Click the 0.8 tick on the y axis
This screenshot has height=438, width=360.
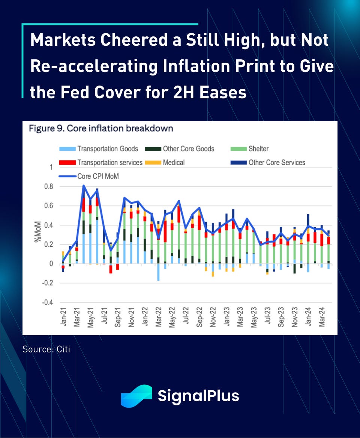pyautogui.click(x=49, y=187)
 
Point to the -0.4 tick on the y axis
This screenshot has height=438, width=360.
pyautogui.click(x=47, y=303)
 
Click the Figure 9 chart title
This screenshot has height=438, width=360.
pyautogui.click(x=101, y=129)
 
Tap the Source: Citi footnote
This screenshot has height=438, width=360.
pyautogui.click(x=46, y=349)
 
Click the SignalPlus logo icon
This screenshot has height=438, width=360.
pyautogui.click(x=136, y=396)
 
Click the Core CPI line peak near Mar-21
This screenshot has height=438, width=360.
pyautogui.click(x=83, y=185)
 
